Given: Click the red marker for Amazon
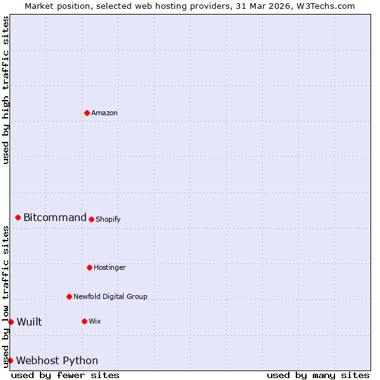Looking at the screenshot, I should (x=87, y=113).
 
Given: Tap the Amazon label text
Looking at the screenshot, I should (x=104, y=113).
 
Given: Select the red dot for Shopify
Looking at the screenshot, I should (x=91, y=219).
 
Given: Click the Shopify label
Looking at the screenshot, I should (x=108, y=220).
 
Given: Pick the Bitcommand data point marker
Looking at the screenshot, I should (x=18, y=217).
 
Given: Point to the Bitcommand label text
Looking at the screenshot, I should (x=55, y=218).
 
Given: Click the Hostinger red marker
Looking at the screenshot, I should (x=89, y=267).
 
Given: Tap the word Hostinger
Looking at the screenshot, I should (x=110, y=268).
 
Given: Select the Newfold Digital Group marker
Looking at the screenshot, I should (x=69, y=296).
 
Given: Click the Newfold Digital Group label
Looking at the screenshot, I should (x=110, y=297).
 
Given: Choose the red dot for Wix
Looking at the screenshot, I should (x=84, y=321).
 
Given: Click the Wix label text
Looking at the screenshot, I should (x=95, y=322).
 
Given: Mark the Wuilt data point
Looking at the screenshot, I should (x=11, y=322).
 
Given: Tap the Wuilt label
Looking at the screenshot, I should (x=29, y=322).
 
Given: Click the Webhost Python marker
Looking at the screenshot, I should (x=10, y=360).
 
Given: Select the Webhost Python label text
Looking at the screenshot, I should (x=57, y=361).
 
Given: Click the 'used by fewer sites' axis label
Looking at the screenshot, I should (x=65, y=375).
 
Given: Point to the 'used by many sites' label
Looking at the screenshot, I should (x=318, y=375).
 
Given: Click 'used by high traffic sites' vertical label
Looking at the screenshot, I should (x=6, y=90).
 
